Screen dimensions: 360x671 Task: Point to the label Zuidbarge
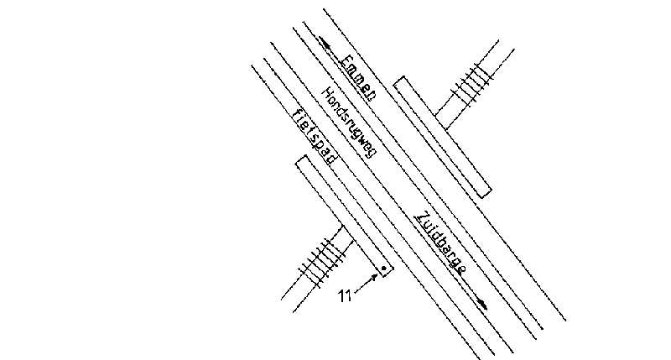[x=441, y=243]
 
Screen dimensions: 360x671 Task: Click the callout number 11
[x=343, y=295]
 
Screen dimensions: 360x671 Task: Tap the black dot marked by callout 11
[x=383, y=269]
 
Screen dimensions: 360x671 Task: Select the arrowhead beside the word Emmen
[x=322, y=39]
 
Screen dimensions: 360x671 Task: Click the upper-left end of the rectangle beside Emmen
[x=400, y=81]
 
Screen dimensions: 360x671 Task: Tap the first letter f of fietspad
[x=295, y=113]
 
